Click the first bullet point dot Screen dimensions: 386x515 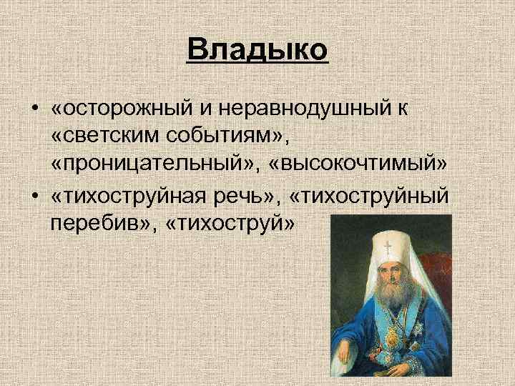click(x=34, y=109)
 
